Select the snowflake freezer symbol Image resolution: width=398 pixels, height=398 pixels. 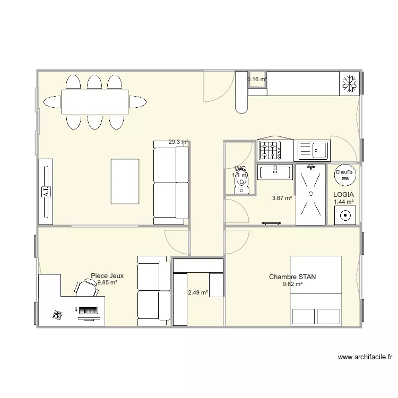(x=349, y=84)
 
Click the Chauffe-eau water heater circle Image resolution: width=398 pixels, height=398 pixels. (x=344, y=175)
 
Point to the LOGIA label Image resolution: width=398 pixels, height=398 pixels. (x=343, y=195)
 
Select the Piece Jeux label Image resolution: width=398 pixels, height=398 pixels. (x=107, y=276)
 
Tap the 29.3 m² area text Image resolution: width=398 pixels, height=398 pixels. (x=178, y=142)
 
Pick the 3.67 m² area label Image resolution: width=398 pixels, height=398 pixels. (x=282, y=198)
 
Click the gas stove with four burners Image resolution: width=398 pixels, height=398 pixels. (x=270, y=151)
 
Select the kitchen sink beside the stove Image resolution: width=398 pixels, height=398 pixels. (x=313, y=150)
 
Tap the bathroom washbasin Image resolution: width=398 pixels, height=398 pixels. (x=275, y=171)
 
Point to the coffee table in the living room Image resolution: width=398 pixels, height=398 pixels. (x=125, y=181)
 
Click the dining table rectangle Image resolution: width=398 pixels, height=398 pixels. (x=95, y=102)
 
